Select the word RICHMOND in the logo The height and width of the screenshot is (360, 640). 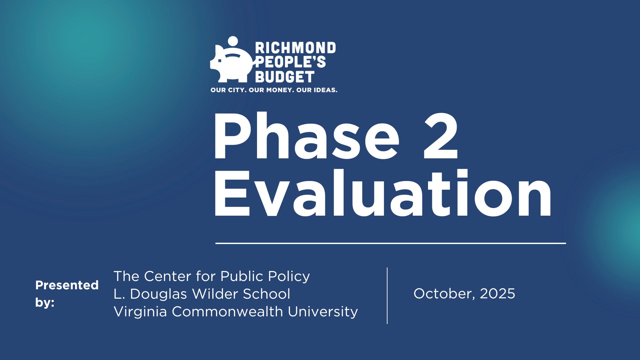pos(295,48)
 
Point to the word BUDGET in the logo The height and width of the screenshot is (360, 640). pos(285,77)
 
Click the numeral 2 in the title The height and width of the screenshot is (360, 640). pos(441,137)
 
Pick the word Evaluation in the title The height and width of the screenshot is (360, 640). pos(383,194)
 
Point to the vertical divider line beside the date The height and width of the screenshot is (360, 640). pos(387,295)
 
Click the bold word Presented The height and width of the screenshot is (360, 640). pos(67,285)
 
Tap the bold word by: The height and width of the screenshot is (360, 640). pos(45,303)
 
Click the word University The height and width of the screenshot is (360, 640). pos(323,312)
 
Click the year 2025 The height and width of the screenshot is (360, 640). pos(497,294)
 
